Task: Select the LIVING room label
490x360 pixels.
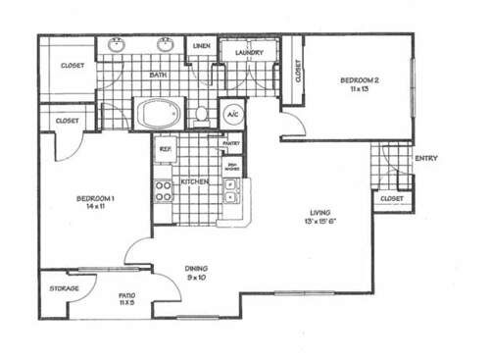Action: click(x=319, y=213)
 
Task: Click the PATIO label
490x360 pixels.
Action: click(x=126, y=294)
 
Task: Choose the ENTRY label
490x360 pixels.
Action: click(x=426, y=159)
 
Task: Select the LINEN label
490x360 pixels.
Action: click(x=202, y=46)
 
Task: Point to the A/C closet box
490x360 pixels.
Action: click(x=232, y=114)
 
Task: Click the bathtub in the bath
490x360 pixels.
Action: click(x=158, y=114)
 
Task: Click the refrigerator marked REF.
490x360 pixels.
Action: click(x=166, y=149)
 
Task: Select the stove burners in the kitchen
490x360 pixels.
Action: click(x=163, y=189)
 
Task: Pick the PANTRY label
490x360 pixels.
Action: click(x=231, y=143)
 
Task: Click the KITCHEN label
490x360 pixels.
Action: click(x=193, y=182)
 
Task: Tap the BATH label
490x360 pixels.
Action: click(x=157, y=75)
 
